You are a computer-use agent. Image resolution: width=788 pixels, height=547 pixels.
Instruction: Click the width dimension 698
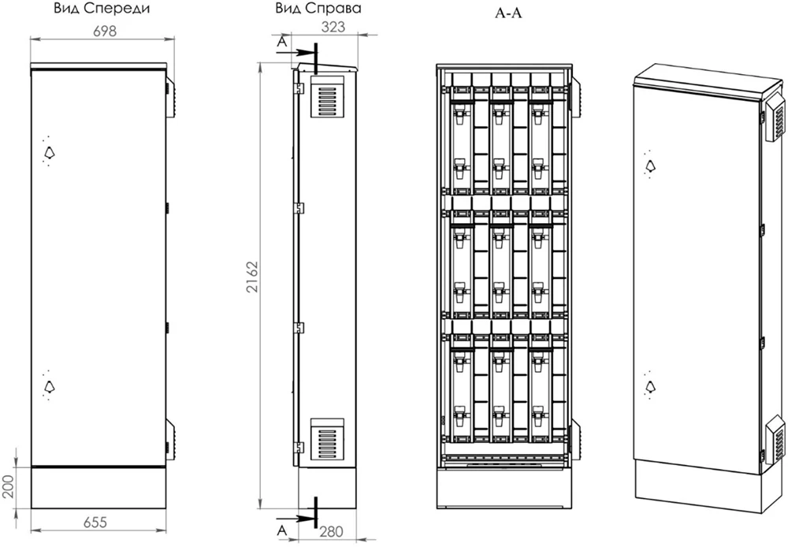coord(105,32)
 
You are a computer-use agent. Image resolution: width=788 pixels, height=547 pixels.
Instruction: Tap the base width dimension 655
coord(95,523)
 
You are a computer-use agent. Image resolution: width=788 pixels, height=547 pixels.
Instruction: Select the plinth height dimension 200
coord(7,486)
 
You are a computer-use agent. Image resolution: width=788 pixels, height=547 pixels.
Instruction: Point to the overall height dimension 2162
coord(252,277)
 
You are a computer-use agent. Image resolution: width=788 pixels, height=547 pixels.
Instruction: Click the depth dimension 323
coord(333,27)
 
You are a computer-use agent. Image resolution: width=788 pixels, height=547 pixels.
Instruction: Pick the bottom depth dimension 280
coord(331,531)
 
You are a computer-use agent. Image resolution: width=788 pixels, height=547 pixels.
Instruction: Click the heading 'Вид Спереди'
coord(102,9)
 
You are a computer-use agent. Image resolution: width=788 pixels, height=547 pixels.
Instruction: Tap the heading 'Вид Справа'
coord(318,9)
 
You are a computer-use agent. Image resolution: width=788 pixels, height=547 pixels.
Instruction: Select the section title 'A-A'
coord(508,13)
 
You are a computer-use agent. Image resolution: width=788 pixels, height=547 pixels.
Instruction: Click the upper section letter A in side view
coord(282,43)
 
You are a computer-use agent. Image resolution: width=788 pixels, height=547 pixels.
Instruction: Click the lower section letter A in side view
coord(282,530)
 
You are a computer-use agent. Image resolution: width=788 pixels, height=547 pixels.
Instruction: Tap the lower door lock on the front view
coord(49,386)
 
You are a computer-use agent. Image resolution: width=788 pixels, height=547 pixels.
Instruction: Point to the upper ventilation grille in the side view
coord(327,96)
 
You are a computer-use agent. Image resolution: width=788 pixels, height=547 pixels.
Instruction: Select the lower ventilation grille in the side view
coord(327,439)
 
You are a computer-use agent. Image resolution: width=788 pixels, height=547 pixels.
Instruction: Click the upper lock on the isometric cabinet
coord(650,165)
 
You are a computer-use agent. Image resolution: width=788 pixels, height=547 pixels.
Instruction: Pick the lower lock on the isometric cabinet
coord(650,386)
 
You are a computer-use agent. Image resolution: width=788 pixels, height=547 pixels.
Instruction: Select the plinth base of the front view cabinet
coord(98,488)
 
